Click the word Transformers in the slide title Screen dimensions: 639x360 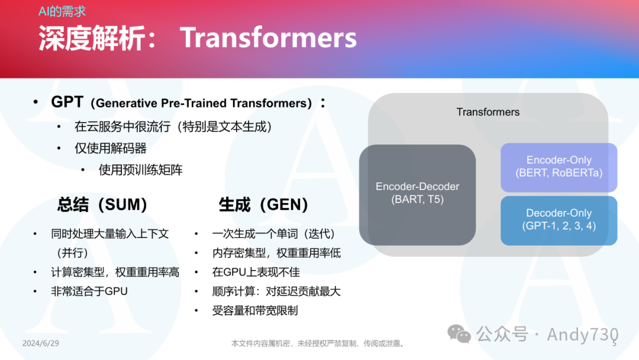coord(268,37)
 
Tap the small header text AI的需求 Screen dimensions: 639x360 coord(62,11)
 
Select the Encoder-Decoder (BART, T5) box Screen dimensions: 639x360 coord(417,195)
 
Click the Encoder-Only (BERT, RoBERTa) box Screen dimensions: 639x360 coord(559,167)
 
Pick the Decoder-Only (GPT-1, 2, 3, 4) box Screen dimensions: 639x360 coord(559,221)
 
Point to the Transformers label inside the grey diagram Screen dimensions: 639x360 coord(488,112)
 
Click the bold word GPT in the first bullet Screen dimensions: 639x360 coord(67,102)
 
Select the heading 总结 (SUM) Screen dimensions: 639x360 coord(102,204)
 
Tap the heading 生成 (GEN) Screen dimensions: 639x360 coord(263,204)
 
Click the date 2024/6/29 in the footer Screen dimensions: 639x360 coord(41,343)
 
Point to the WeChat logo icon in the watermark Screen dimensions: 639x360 coord(459,334)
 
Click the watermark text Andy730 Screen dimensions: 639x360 coord(583,335)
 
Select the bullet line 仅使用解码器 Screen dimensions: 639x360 coord(111,148)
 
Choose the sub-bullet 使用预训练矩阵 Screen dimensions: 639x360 coord(141,169)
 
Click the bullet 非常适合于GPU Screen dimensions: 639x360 coord(89,291)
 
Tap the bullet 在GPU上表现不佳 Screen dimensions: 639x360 coord(256,272)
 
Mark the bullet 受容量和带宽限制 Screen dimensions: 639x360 coord(255,311)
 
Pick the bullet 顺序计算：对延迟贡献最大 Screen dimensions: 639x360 coord(276,291)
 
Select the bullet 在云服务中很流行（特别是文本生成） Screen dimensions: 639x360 coord(173,126)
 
